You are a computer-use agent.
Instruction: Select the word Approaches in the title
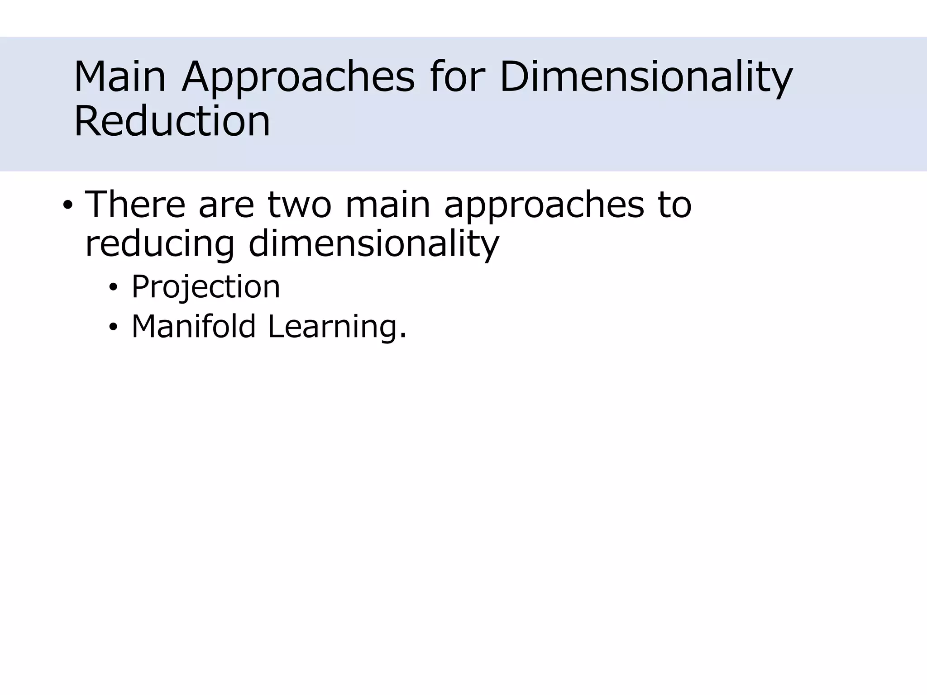click(x=298, y=78)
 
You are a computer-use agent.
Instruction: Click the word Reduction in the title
click(x=172, y=121)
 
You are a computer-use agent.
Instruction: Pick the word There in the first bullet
click(x=135, y=205)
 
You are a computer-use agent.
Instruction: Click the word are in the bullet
click(x=226, y=205)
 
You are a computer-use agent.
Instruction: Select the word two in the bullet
click(x=299, y=205)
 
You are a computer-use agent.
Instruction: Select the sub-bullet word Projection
click(x=205, y=288)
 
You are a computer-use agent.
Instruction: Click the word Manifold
click(x=194, y=326)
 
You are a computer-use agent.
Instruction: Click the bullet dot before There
click(x=67, y=206)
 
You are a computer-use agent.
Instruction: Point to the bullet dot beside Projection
click(x=113, y=288)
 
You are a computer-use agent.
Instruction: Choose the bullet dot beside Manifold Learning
click(x=113, y=327)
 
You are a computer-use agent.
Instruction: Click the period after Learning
click(x=403, y=336)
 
